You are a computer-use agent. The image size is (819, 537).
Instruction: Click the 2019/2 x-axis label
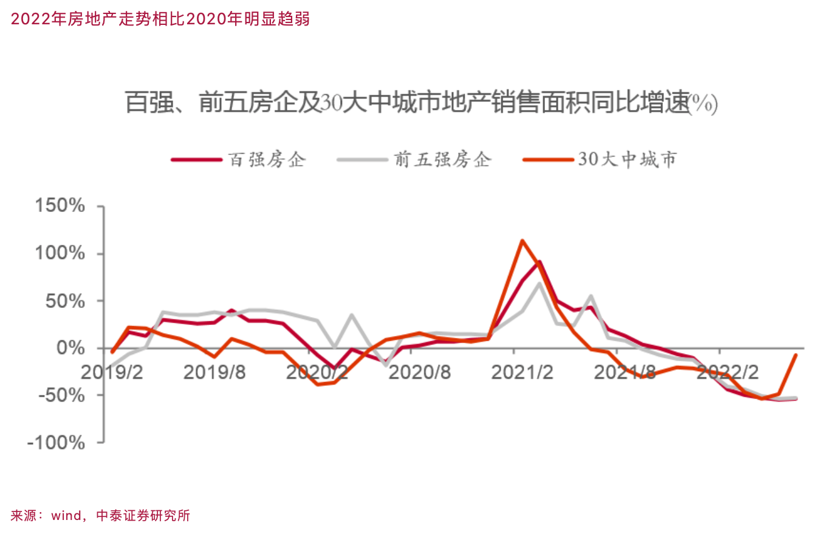pyautogui.click(x=112, y=372)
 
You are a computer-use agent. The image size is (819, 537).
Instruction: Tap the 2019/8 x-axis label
pyautogui.click(x=214, y=372)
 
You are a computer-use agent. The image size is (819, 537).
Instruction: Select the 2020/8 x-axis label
pyautogui.click(x=420, y=372)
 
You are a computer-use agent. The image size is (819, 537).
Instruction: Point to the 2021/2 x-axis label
pyautogui.click(x=523, y=372)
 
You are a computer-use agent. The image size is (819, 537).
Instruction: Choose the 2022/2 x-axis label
pyautogui.click(x=727, y=372)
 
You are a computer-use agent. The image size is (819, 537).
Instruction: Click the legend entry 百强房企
pyautogui.click(x=267, y=160)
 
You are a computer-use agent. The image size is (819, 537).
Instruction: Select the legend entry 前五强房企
pyautogui.click(x=442, y=160)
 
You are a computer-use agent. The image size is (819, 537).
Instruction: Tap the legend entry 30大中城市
pyautogui.click(x=626, y=160)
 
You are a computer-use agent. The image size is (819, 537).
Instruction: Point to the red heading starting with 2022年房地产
pyautogui.click(x=160, y=19)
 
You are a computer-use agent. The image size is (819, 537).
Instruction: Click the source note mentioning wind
pyautogui.click(x=100, y=516)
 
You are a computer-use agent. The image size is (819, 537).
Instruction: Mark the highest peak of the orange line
pyautogui.click(x=522, y=241)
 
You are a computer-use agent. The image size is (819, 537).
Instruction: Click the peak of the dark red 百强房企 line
pyautogui.click(x=539, y=262)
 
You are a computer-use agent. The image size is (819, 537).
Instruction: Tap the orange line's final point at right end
pyautogui.click(x=795, y=355)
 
